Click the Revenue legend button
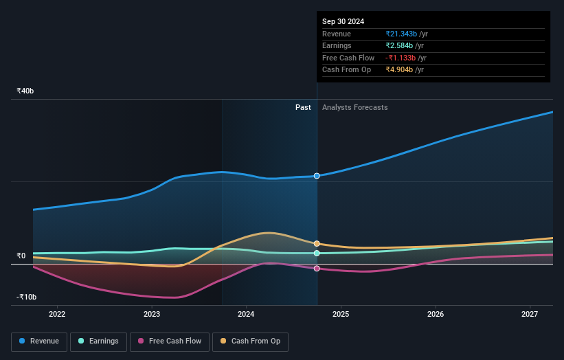[x=39, y=341]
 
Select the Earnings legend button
[x=98, y=341]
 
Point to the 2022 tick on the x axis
[x=57, y=315]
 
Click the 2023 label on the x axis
[x=152, y=315]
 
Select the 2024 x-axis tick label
[x=246, y=315]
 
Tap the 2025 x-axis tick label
[x=341, y=315]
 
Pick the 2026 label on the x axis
[x=436, y=315]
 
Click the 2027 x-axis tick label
[x=530, y=315]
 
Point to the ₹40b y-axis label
[x=26, y=91]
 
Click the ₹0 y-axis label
[x=21, y=256]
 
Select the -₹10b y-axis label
[x=26, y=297]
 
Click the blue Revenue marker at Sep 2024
[x=317, y=176]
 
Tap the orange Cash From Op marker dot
[x=317, y=243]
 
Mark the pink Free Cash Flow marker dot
[x=317, y=269]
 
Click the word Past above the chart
[x=303, y=107]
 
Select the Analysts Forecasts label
[x=354, y=107]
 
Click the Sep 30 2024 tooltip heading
[x=343, y=21]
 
